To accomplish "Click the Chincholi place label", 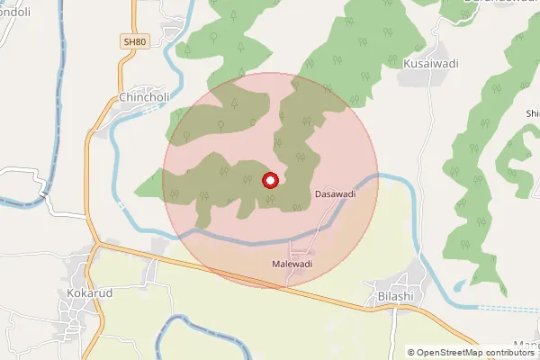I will point(139,96).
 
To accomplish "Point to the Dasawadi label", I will point(335,193).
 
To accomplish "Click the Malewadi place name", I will point(292,264).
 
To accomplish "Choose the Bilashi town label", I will point(394,295).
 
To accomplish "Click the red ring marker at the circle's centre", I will point(270,180).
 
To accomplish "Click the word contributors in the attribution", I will point(508,352).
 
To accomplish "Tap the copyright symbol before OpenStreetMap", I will point(411,352).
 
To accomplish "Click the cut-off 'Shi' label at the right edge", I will point(532,112).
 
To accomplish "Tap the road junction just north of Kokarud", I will point(95,244).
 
